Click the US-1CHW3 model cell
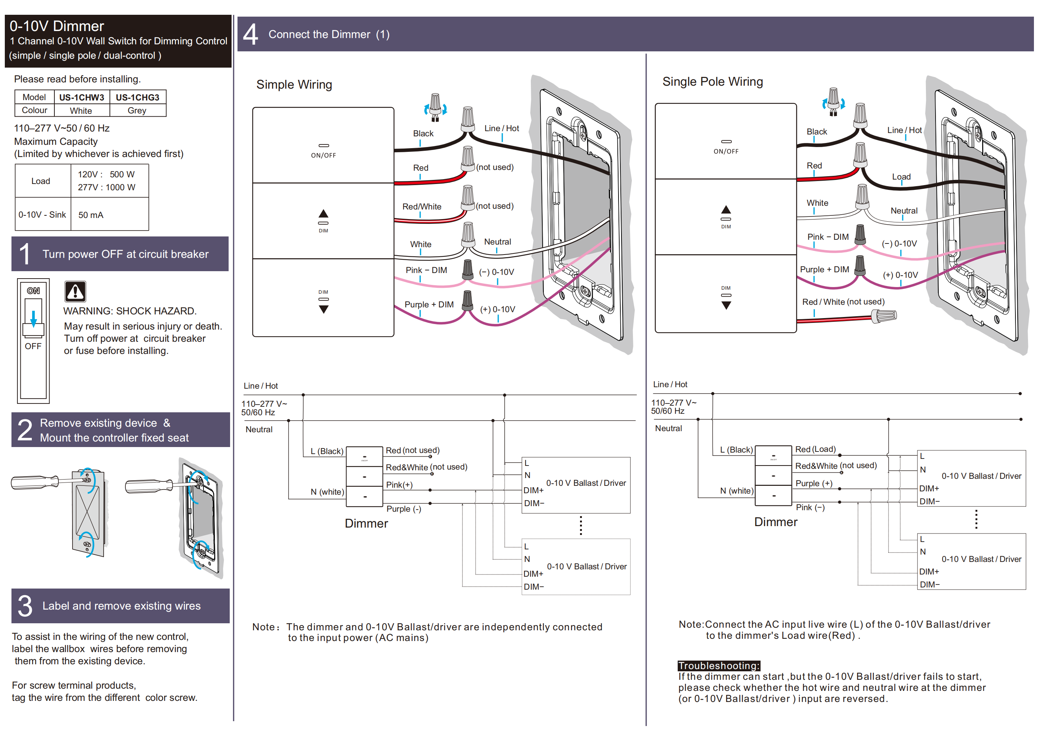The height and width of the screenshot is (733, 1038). (x=81, y=98)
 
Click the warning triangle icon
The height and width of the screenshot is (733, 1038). (x=75, y=292)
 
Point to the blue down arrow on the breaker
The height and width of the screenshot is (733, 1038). (x=33, y=319)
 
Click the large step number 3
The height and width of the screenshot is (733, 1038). (x=25, y=606)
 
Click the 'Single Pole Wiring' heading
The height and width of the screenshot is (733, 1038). (x=712, y=82)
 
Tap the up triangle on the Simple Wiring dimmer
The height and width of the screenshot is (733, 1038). (x=323, y=214)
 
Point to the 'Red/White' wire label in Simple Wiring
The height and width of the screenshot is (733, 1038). (x=421, y=207)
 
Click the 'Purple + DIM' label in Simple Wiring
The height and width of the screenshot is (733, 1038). (x=429, y=304)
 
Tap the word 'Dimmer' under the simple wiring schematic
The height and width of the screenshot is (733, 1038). (x=366, y=524)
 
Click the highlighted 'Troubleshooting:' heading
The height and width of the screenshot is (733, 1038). (x=718, y=665)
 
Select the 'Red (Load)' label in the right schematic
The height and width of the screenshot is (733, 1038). (x=815, y=449)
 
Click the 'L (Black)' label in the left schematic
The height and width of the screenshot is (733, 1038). (x=326, y=451)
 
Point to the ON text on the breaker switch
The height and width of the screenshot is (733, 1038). (x=33, y=291)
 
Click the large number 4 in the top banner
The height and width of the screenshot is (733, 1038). (x=250, y=35)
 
